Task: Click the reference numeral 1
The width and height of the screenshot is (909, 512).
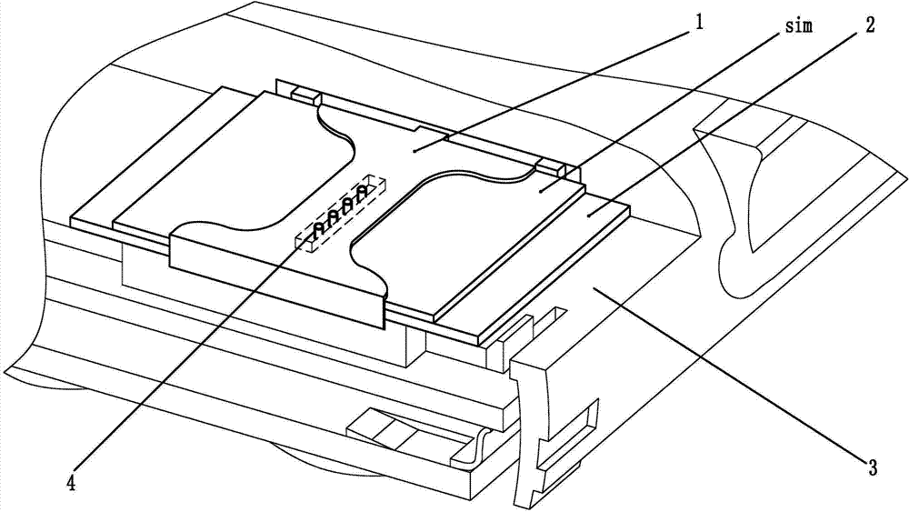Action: [699, 23]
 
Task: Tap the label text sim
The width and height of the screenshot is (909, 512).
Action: [799, 26]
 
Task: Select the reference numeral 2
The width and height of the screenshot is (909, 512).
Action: [870, 25]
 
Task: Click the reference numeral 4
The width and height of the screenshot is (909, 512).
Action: [71, 482]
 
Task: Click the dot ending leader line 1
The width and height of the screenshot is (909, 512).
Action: [414, 151]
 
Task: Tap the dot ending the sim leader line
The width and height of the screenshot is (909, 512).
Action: [540, 191]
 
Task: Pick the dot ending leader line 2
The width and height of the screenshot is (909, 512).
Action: [588, 216]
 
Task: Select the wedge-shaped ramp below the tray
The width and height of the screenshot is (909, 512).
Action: [400, 431]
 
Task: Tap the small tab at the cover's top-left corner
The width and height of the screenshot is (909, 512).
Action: [305, 95]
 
